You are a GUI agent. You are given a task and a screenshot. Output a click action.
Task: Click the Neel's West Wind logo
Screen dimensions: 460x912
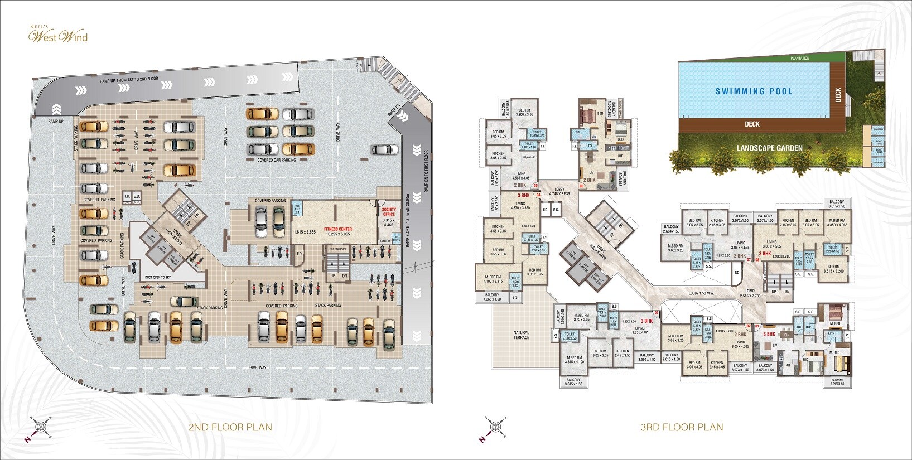pyautogui.click(x=58, y=36)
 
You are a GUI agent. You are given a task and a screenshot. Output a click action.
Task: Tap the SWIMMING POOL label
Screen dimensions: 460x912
pyautogui.click(x=754, y=91)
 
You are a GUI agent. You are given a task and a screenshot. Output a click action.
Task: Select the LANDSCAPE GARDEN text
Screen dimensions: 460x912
pyautogui.click(x=769, y=148)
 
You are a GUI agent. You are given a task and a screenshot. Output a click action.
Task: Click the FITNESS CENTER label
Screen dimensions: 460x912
pyautogui.click(x=338, y=229)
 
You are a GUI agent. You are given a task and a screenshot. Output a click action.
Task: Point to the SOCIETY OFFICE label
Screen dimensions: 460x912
pyautogui.click(x=389, y=212)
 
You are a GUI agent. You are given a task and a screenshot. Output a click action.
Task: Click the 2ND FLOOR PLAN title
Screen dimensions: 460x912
pyautogui.click(x=230, y=428)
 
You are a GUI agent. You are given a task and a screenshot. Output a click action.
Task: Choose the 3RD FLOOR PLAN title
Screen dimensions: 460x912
pyautogui.click(x=682, y=428)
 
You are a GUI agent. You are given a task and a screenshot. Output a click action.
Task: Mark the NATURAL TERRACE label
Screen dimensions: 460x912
pyautogui.click(x=521, y=335)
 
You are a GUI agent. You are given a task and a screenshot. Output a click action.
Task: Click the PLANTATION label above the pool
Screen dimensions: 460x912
pyautogui.click(x=799, y=58)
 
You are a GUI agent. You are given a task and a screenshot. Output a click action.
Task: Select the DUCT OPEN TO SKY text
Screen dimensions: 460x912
pyautogui.click(x=158, y=277)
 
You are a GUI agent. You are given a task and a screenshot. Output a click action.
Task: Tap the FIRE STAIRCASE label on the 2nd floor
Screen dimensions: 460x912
pyautogui.click(x=338, y=249)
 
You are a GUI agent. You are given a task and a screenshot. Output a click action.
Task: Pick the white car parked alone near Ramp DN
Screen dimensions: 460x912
pyautogui.click(x=384, y=149)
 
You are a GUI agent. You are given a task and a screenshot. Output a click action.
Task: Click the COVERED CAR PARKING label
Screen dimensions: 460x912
pyautogui.click(x=277, y=160)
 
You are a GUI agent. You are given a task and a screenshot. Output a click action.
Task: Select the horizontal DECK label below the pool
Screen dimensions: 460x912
pyautogui.click(x=752, y=124)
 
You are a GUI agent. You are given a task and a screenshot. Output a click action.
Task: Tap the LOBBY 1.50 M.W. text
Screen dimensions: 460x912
pyautogui.click(x=702, y=293)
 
